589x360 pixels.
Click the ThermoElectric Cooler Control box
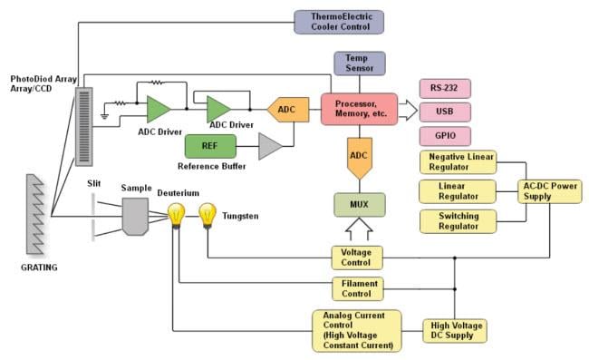point(340,22)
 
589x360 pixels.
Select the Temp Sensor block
point(360,63)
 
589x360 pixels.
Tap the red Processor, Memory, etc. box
point(360,110)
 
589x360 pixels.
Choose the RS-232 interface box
point(445,89)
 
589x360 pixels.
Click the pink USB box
point(445,112)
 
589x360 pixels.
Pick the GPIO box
point(445,136)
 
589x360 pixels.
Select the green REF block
point(210,146)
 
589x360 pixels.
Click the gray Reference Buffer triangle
point(270,146)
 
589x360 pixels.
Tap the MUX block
point(360,203)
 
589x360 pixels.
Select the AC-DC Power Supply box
point(550,191)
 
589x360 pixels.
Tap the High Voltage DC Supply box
point(455,330)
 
